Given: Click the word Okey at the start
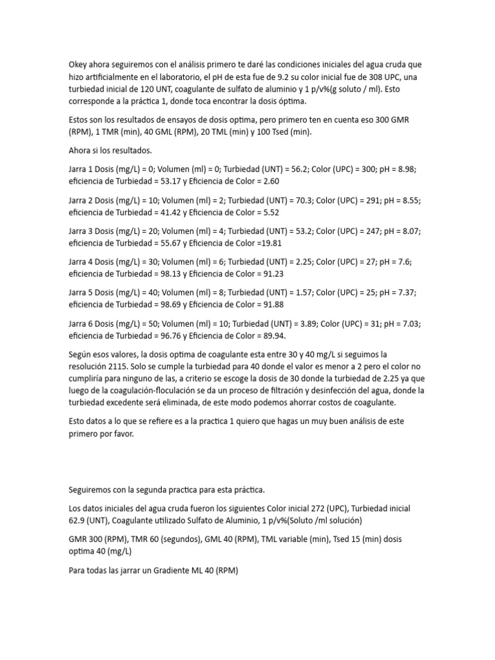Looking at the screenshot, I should click(x=79, y=65).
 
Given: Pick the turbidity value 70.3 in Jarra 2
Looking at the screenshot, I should click(x=298, y=200).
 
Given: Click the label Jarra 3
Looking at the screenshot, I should click(x=82, y=231).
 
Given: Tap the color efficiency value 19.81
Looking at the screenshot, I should click(x=271, y=243).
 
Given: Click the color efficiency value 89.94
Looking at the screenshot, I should click(x=273, y=336).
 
